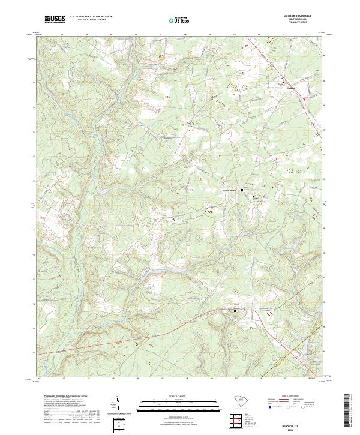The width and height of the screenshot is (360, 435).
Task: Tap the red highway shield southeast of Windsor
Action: tap(304, 98)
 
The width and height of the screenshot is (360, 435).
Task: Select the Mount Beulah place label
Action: tap(230, 190)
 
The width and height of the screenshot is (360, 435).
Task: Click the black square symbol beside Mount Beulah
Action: tap(242, 190)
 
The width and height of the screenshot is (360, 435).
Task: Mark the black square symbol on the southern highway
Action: tap(235, 311)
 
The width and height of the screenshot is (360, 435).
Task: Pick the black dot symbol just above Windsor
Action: tap(284, 82)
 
